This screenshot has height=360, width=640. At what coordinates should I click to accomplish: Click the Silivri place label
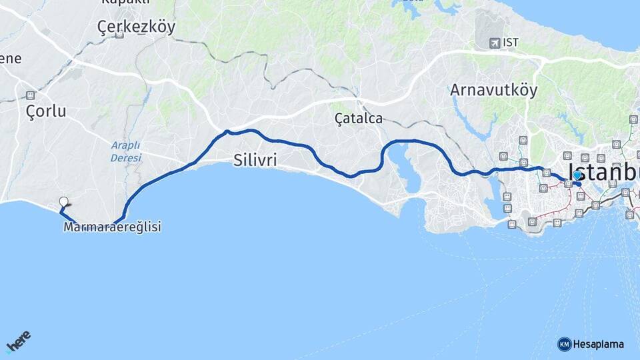point(255,160)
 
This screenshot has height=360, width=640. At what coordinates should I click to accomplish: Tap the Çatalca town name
point(359,119)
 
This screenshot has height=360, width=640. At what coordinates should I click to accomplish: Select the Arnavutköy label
point(493,89)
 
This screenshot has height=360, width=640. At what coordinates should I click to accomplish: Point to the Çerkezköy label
point(136,27)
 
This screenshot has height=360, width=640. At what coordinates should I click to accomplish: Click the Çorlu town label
point(46,111)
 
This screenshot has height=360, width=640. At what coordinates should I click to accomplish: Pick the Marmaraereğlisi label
point(112,227)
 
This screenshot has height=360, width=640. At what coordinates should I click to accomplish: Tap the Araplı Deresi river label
point(125,151)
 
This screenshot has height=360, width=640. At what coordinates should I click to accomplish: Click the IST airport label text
point(511,43)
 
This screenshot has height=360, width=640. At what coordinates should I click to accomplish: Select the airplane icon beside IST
point(494,43)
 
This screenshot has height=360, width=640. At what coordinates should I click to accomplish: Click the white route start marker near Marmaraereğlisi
point(63,201)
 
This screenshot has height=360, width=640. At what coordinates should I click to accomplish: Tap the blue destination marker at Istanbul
point(577,175)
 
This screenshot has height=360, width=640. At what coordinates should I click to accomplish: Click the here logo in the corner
point(18,341)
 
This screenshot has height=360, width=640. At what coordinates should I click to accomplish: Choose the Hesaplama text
point(599,344)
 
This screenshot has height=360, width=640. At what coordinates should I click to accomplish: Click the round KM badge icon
point(564,344)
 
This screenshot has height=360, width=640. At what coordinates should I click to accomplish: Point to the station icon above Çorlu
point(30,95)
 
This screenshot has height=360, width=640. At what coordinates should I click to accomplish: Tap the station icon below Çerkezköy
point(119,35)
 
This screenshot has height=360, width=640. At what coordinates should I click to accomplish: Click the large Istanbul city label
point(603,172)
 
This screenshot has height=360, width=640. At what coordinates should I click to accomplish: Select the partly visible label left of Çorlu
point(10,59)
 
